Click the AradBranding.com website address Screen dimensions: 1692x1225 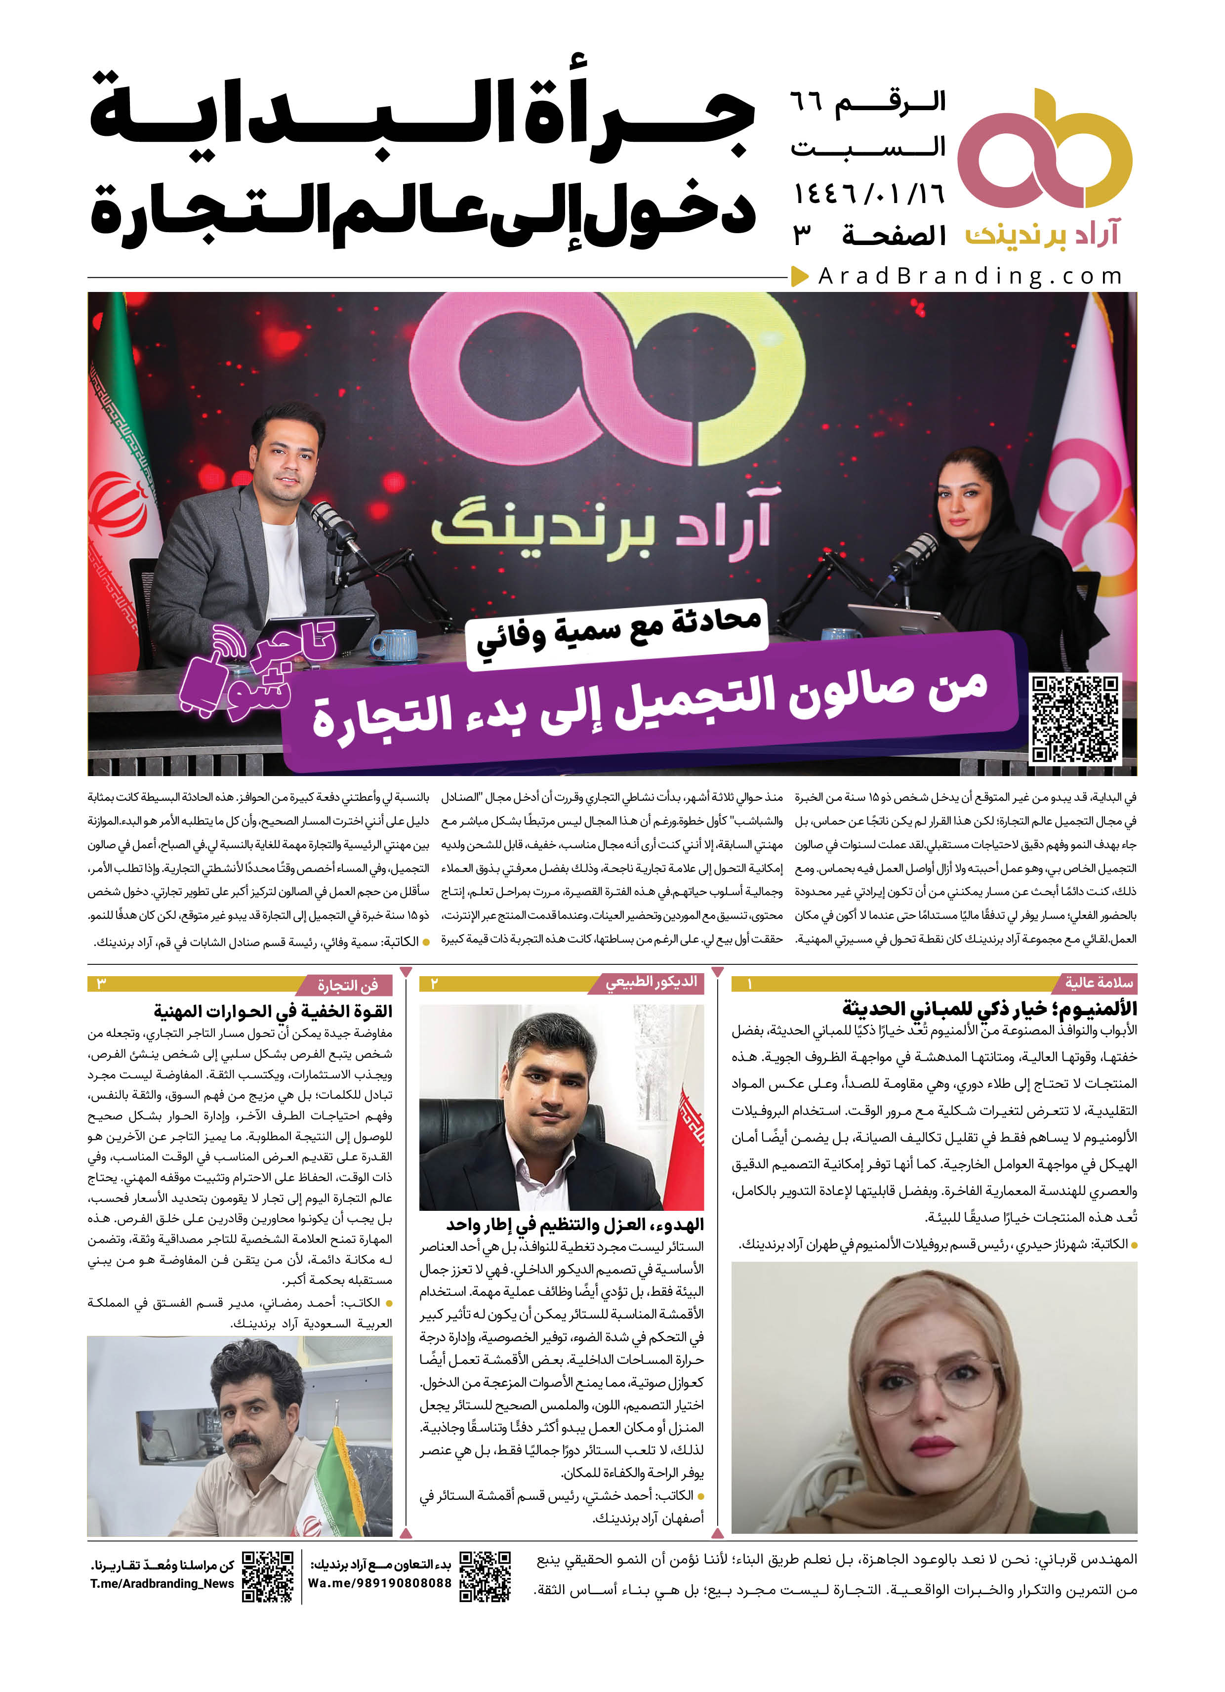tap(970, 277)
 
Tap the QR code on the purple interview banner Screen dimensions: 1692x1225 tap(1075, 719)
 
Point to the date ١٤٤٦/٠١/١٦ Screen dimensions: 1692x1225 tap(868, 194)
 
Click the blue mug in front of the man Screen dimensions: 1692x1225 tap(393, 645)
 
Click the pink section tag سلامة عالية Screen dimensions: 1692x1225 tap(1098, 983)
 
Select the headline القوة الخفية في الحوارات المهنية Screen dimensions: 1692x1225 tap(273, 1011)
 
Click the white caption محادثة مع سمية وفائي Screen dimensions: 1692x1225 tap(618, 630)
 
